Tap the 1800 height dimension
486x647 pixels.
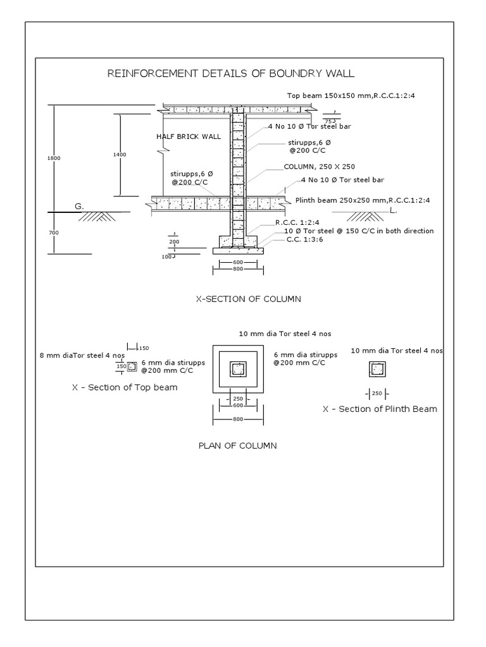point(54,158)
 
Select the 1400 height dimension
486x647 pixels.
point(120,154)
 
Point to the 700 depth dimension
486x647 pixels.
point(54,233)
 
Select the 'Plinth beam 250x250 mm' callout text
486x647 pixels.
point(363,200)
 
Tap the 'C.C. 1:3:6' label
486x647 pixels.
point(302,239)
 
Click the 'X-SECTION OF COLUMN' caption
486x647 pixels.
point(248,299)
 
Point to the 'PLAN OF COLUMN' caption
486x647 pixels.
point(237,445)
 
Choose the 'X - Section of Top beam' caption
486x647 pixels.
point(125,387)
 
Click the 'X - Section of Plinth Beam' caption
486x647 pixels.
point(380,409)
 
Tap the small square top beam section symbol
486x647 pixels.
point(133,366)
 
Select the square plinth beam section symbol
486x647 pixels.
point(377,369)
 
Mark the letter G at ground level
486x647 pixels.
point(79,206)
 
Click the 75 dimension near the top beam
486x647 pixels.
point(328,121)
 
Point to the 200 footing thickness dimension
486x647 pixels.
point(174,242)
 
